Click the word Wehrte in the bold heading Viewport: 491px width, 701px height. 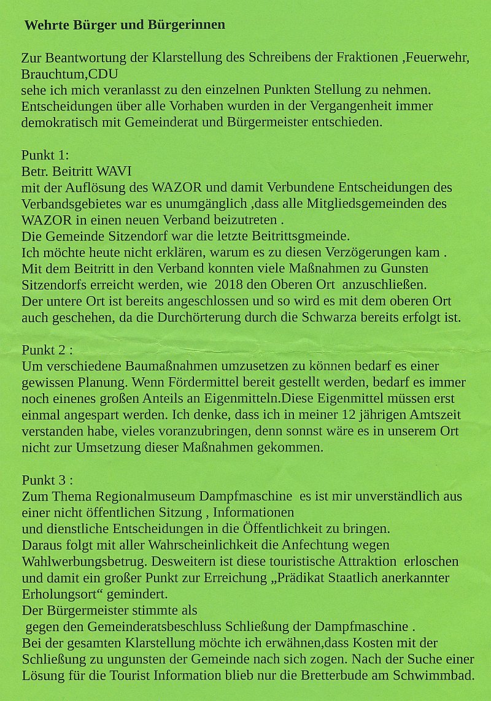(x=45, y=25)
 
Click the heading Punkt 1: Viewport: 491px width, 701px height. (x=45, y=155)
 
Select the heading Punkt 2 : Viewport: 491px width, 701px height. (x=47, y=350)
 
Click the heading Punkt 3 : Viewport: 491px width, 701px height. (x=47, y=480)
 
